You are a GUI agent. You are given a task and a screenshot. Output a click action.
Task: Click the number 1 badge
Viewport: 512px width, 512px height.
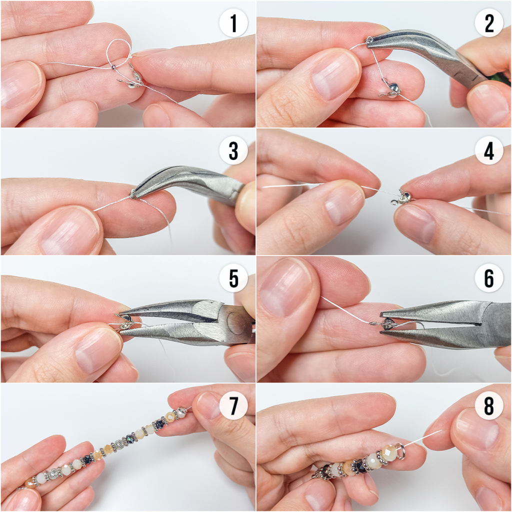pos(233,23)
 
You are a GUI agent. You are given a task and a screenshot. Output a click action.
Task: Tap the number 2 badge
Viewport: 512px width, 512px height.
pos(489,23)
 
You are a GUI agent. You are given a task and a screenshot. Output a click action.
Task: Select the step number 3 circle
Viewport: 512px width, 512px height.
pos(233,150)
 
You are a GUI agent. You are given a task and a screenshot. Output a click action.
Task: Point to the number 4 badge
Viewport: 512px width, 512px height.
pos(489,150)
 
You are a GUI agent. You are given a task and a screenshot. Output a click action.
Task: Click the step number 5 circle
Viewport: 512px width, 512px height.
pos(233,278)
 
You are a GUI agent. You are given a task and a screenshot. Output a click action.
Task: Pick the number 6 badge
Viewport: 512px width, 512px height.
pos(489,278)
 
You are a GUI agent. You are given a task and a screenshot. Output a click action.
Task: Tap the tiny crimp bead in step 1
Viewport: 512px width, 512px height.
pos(113,67)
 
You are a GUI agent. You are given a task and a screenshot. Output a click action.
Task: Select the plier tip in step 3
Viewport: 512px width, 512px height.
pos(133,194)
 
